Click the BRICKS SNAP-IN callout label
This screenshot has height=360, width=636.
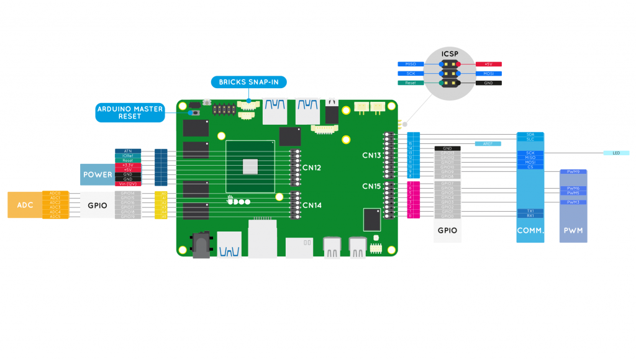[x=249, y=82]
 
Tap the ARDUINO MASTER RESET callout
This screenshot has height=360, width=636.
[x=130, y=112]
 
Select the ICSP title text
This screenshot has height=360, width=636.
[x=450, y=54]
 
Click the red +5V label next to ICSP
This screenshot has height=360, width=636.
[x=488, y=64]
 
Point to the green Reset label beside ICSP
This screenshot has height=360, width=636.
[x=411, y=83]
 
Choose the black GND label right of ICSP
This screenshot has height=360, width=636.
[x=488, y=83]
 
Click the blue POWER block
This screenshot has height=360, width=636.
[x=97, y=174]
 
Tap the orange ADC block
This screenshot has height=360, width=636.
[x=24, y=205]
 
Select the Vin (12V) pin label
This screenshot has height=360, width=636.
[x=127, y=184]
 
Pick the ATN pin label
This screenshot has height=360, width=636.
[x=127, y=151]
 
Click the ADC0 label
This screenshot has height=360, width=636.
[x=55, y=193]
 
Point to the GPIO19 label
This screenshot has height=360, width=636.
[x=129, y=217]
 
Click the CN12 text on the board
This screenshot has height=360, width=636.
[x=312, y=168]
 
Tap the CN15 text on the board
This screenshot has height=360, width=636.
[x=372, y=186]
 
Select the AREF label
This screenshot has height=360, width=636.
[x=488, y=143]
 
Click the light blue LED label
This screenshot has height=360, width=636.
[x=616, y=153]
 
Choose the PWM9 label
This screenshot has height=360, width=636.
[x=573, y=172]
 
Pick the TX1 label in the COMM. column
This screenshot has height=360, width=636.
[x=530, y=211]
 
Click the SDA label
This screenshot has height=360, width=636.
[x=530, y=134]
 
